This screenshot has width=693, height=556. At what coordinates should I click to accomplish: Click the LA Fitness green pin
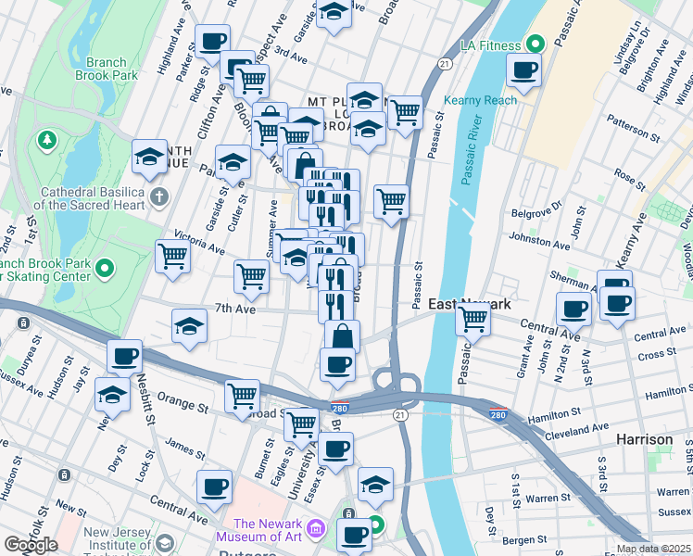click(535, 44)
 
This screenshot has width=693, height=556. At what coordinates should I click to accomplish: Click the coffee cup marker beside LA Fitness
click(525, 70)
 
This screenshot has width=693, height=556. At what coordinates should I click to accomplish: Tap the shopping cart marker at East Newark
click(473, 320)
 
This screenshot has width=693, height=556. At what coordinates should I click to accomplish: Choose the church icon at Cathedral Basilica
click(159, 196)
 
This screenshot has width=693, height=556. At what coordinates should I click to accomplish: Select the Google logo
click(31, 545)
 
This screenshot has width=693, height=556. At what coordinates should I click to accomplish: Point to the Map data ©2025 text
click(653, 549)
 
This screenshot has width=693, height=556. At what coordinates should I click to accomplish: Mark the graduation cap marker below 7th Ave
click(189, 327)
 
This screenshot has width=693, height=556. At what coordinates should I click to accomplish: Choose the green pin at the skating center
click(105, 270)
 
